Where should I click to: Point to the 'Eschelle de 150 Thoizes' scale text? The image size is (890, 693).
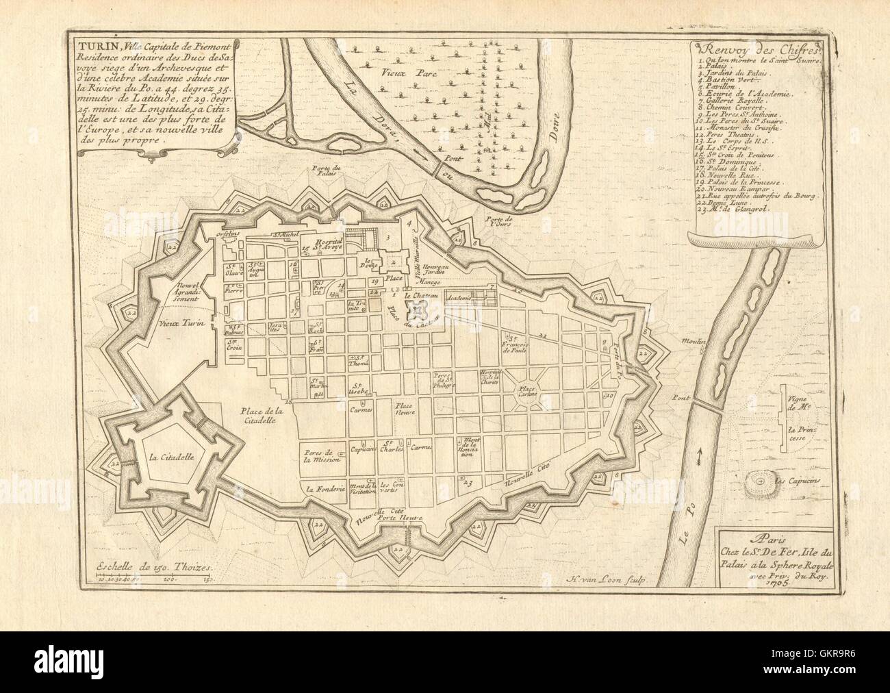point(136,568)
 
